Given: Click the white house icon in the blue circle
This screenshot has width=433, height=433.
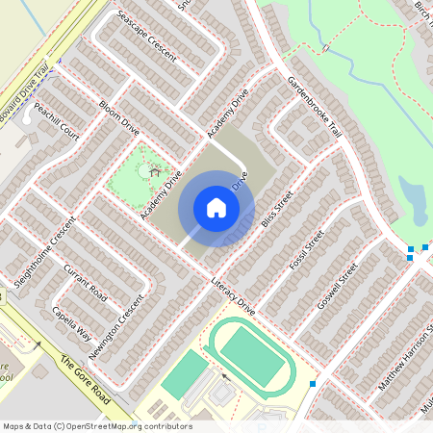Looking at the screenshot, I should click(x=216, y=208).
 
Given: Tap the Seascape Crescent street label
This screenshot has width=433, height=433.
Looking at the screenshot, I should click(x=145, y=36).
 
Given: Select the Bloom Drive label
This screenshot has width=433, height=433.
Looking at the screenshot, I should click(x=119, y=115).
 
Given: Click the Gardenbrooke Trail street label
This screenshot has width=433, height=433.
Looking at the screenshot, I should click(x=315, y=107).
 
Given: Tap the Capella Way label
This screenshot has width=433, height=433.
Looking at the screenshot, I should click(x=73, y=321).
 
